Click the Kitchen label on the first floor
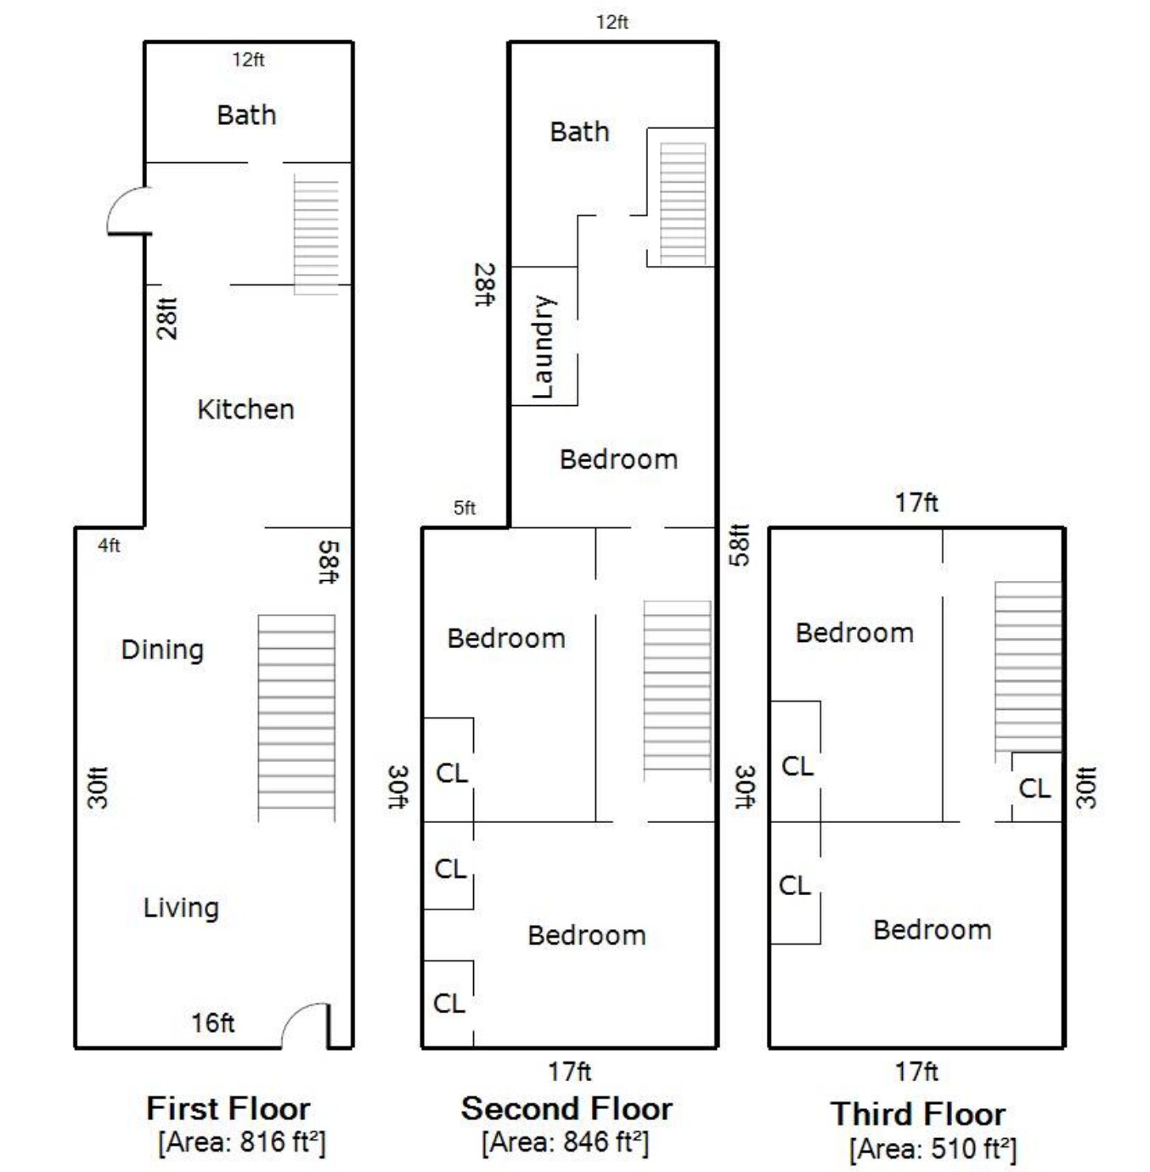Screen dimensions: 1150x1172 click(245, 409)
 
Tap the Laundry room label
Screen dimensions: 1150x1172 click(543, 347)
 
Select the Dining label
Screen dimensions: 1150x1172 click(162, 651)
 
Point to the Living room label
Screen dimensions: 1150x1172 click(181, 908)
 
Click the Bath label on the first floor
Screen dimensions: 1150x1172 click(246, 115)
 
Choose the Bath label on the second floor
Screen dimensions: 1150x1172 click(579, 132)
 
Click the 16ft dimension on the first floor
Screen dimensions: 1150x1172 click(213, 1023)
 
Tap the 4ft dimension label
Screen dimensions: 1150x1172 click(109, 545)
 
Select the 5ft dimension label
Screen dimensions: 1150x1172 click(465, 508)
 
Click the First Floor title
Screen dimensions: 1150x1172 click(228, 1108)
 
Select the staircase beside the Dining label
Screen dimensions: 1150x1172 click(296, 718)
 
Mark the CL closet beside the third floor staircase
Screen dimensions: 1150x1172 click(1034, 789)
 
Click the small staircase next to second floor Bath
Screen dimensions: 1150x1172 click(683, 204)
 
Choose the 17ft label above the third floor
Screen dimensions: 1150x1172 click(917, 503)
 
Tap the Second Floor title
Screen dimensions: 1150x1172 click(567, 1108)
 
